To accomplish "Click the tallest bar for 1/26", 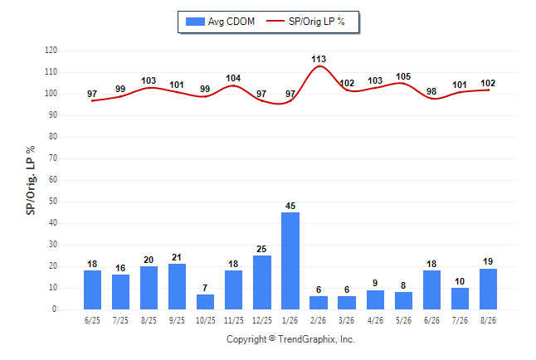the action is click(290, 260).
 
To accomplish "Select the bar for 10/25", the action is click(206, 302).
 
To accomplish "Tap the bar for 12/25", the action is click(262, 282).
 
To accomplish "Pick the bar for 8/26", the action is click(488, 289).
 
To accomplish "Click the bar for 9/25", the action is click(177, 286).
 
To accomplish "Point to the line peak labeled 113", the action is click(319, 66).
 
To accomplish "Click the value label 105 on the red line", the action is click(403, 76).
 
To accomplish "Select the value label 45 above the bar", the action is click(290, 206).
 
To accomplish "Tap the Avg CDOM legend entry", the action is click(220, 22).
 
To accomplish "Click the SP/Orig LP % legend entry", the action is click(305, 22).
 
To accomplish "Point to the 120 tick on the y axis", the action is click(51, 51).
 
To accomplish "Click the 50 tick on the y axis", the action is click(52, 202).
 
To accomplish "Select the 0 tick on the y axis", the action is click(55, 309).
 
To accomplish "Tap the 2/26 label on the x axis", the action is click(319, 320).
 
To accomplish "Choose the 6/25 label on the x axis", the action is click(92, 320).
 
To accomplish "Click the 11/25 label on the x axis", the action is click(234, 320).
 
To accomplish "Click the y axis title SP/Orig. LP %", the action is click(31, 180).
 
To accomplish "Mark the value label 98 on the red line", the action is click(431, 91).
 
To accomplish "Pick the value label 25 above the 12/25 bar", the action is click(261, 249).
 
